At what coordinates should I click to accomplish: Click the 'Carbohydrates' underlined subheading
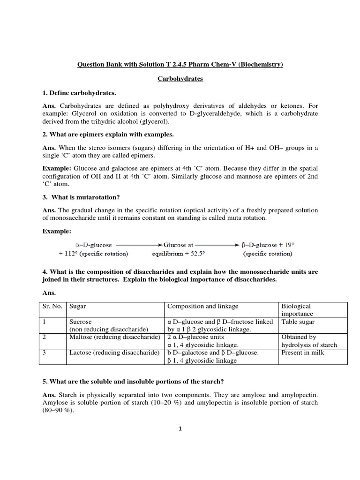tap(180, 79)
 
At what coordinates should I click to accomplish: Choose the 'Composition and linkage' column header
tap(203, 306)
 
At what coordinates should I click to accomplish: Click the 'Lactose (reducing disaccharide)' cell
tap(114, 352)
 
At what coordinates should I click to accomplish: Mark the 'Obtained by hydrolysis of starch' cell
tap(308, 341)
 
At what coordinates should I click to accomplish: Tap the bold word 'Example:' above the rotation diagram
tap(58, 231)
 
